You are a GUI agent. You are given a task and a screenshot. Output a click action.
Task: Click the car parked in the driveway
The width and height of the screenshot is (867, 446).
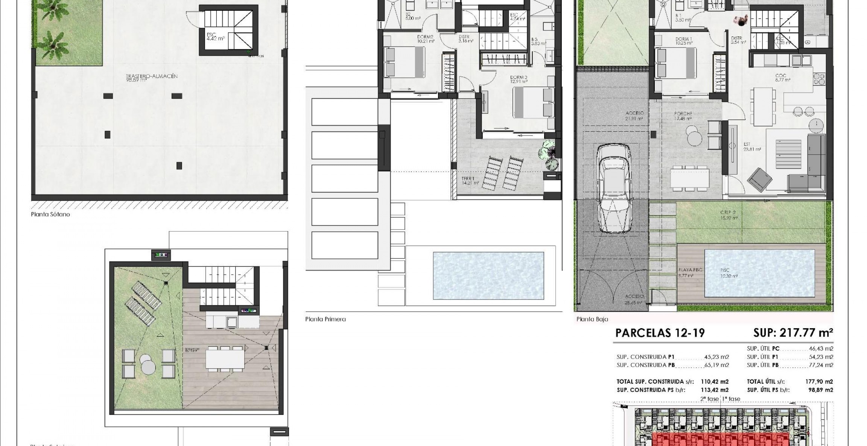click(x=613, y=189)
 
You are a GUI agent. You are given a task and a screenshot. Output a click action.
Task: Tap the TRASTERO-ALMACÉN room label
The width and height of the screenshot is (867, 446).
click(x=152, y=77)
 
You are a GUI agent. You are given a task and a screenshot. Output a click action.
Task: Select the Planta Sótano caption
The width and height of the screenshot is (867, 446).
click(x=50, y=215)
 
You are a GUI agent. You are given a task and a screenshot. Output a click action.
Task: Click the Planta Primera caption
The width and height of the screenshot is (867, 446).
click(x=325, y=319)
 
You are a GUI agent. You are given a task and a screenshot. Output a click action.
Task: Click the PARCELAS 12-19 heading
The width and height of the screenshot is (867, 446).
click(x=660, y=333)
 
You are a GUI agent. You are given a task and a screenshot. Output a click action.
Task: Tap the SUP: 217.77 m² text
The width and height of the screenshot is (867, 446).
click(x=793, y=333)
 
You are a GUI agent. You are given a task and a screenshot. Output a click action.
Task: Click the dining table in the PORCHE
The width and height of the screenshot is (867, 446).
click(x=689, y=178)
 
